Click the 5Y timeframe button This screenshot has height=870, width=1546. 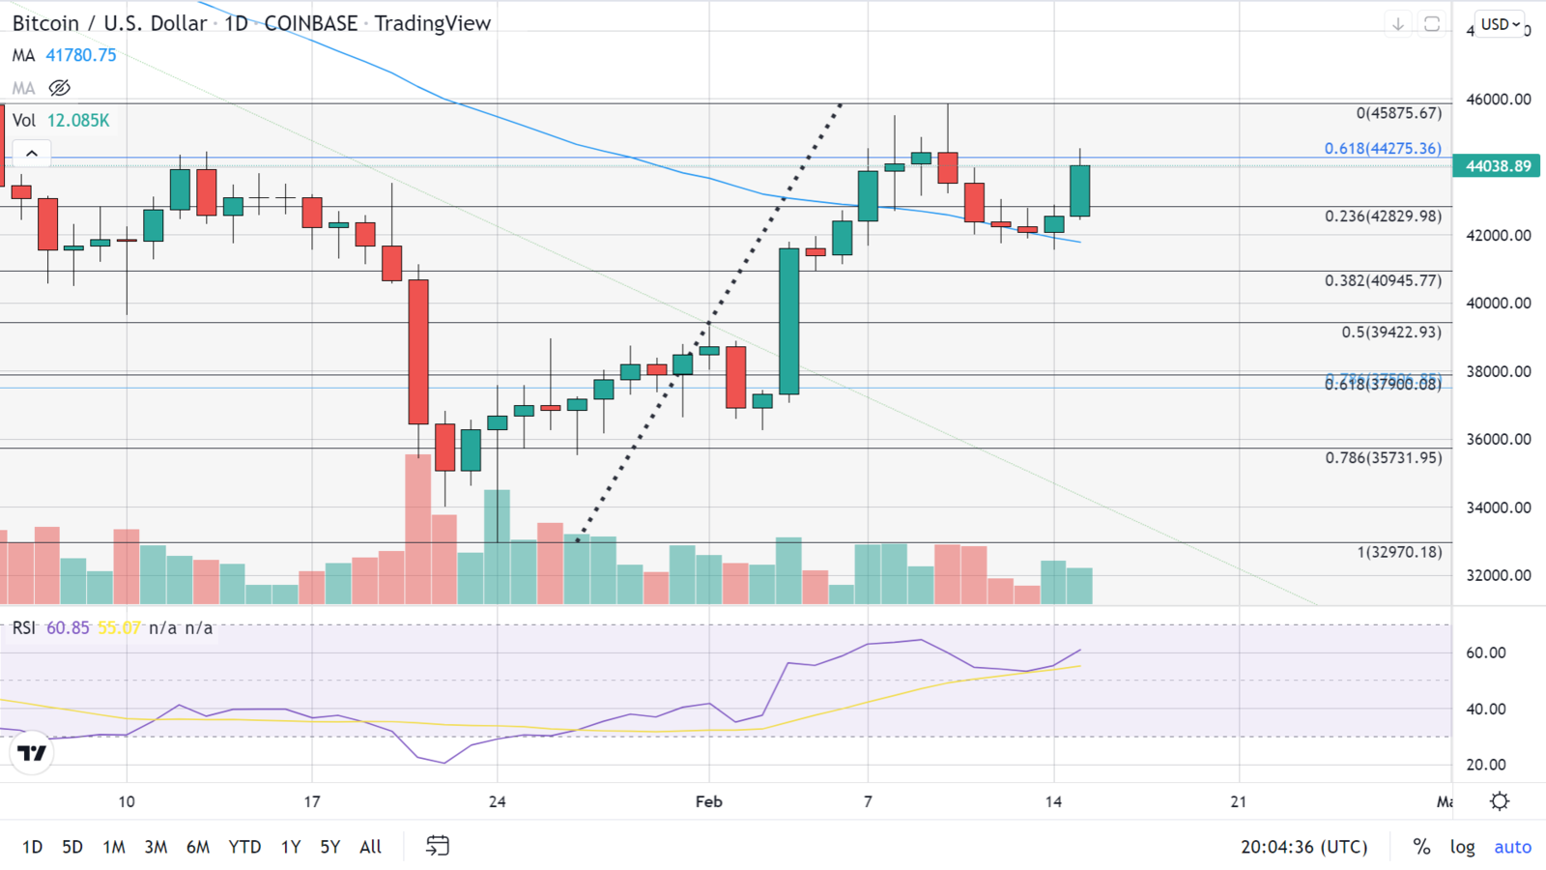(x=329, y=847)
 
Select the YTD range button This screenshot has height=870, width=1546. (x=244, y=847)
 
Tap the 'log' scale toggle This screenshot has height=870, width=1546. (x=1462, y=847)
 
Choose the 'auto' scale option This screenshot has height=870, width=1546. (x=1512, y=847)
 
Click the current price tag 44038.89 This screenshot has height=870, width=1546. (x=1498, y=166)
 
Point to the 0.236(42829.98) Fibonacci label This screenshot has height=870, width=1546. (x=1383, y=217)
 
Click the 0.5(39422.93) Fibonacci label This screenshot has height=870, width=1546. (x=1390, y=333)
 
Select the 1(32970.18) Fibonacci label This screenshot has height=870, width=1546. (x=1398, y=553)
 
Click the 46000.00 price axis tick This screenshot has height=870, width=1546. (x=1498, y=100)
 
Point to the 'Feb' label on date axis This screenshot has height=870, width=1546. (x=708, y=801)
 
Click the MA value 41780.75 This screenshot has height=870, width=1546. (x=81, y=55)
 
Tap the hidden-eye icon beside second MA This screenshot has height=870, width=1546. (x=60, y=88)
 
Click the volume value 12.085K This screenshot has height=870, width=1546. (x=78, y=121)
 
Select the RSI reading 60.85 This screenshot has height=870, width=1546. (x=68, y=628)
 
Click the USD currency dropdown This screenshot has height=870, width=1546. (x=1501, y=24)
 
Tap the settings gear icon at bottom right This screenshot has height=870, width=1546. (x=1500, y=801)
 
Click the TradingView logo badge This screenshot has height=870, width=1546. (x=32, y=753)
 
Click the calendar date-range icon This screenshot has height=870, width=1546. (x=438, y=847)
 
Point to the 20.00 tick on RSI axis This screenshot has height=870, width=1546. (x=1485, y=765)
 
